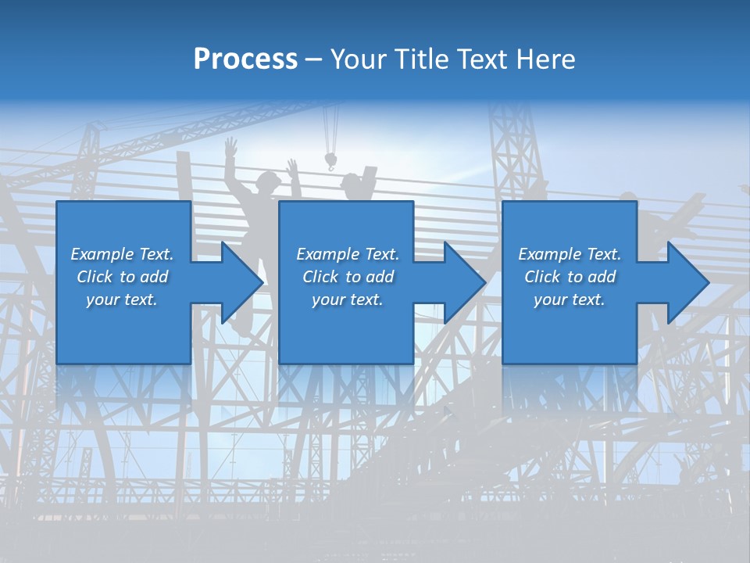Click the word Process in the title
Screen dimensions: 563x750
[x=245, y=59]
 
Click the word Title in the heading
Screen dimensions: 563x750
[x=416, y=59]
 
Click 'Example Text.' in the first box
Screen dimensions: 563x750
[x=122, y=254]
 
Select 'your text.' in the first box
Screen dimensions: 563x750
[x=122, y=299]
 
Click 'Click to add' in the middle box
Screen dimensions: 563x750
[x=348, y=277]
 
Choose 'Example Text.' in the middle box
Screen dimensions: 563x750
[x=348, y=254]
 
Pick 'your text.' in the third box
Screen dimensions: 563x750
[x=570, y=299]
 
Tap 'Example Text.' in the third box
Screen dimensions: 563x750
[x=570, y=254]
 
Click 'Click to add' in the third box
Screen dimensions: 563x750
[x=570, y=277]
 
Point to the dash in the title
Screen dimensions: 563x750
[x=314, y=60]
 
